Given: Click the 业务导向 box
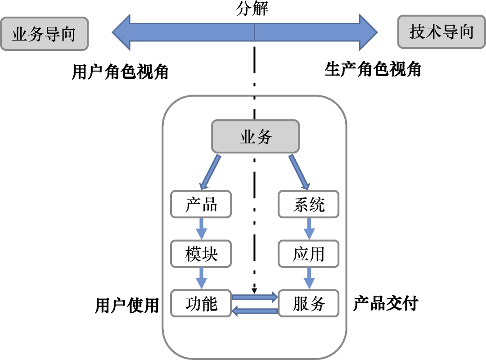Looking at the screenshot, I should (x=44, y=34).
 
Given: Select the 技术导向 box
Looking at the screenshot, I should (x=441, y=32).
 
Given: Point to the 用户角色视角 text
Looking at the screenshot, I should (x=120, y=72).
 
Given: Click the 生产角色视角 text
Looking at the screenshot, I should (x=373, y=70).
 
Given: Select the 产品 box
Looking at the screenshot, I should (x=201, y=205).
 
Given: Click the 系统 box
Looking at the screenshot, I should (x=309, y=205).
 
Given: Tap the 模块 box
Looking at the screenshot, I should (x=201, y=254).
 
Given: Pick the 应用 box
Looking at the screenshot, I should (x=309, y=254).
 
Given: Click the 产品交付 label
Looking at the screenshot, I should (x=386, y=304).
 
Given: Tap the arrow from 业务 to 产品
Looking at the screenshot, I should (x=210, y=172).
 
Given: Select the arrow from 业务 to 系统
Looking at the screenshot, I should (x=300, y=172).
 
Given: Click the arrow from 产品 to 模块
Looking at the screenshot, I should (x=201, y=229).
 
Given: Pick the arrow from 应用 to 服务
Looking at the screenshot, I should (x=309, y=279).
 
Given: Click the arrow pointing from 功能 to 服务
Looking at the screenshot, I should (x=255, y=297).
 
